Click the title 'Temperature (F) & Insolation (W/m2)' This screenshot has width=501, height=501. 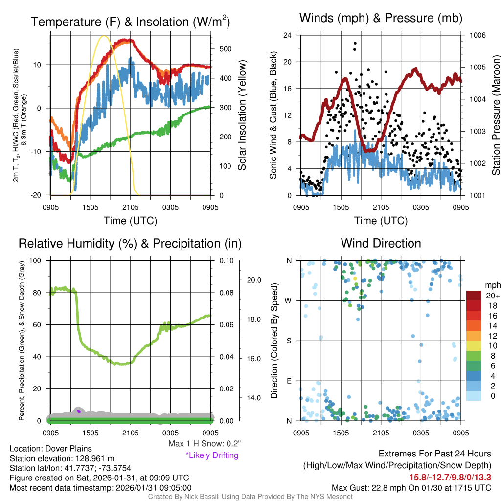click(130, 22)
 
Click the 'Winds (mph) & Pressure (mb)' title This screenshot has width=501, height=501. click(381, 18)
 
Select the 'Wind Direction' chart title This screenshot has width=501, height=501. click(381, 243)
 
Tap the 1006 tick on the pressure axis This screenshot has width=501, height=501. click(477, 35)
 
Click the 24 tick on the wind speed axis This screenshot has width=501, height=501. click(288, 35)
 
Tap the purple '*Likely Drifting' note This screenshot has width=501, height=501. click(212, 455)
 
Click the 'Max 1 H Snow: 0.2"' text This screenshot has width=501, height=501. click(205, 444)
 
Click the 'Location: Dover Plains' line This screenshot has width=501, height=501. click(50, 449)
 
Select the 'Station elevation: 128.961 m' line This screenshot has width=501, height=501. click(62, 458)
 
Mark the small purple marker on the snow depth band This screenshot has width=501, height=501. click(79, 411)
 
